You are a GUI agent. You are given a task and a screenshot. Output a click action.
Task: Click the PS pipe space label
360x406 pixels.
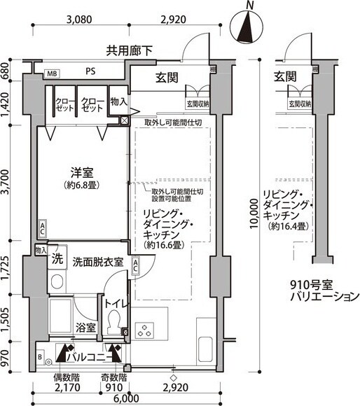pyautogui.click(x=91, y=71)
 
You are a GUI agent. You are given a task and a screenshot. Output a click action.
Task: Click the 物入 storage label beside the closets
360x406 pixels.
pyautogui.click(x=118, y=102)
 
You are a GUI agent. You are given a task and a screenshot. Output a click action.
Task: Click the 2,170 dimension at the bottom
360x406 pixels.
pyautogui.click(x=67, y=386)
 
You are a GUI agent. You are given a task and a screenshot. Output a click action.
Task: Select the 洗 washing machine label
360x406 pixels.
pyautogui.click(x=57, y=258)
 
